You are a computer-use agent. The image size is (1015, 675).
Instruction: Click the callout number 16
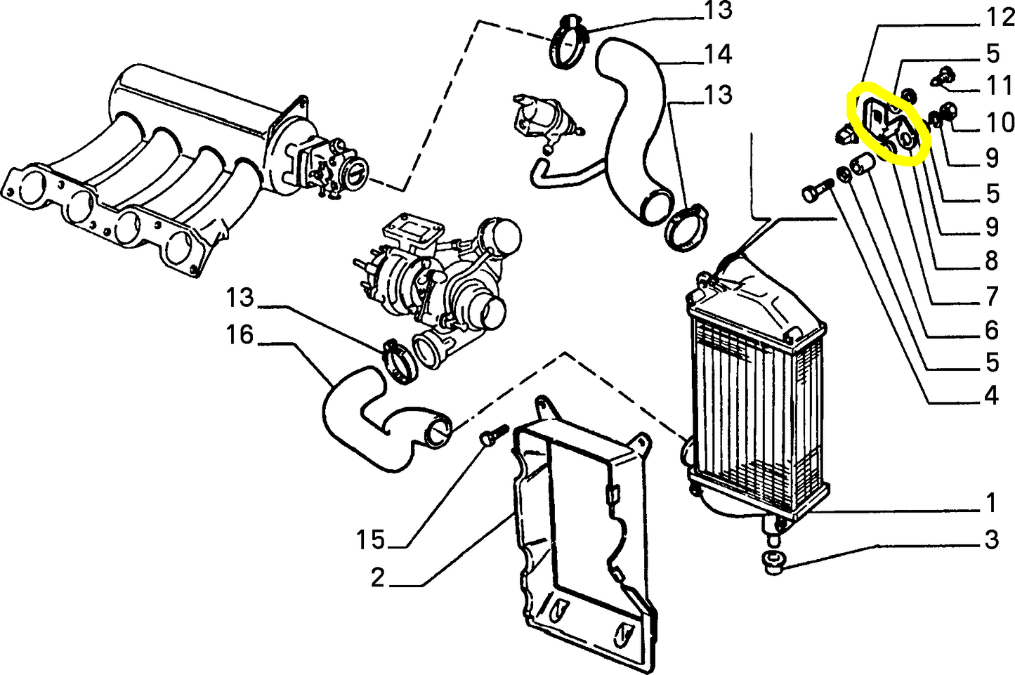[x=240, y=335]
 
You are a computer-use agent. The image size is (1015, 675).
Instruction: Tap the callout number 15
[x=370, y=539]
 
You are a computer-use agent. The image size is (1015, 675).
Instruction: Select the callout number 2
[x=377, y=577]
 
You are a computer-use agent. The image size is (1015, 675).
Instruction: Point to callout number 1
[x=991, y=503]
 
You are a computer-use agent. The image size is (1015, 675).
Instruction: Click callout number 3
[x=991, y=539]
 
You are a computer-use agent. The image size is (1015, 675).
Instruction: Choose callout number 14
[x=718, y=54]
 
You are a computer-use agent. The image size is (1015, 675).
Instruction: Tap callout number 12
[x=1000, y=18]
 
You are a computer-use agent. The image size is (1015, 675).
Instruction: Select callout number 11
[x=999, y=85]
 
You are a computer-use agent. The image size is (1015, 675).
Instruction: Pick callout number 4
[x=991, y=395]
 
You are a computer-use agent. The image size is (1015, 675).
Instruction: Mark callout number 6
[x=991, y=330]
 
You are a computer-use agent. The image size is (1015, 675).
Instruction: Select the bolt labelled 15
[x=495, y=435]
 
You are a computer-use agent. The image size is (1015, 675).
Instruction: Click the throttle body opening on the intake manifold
[x=356, y=172]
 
